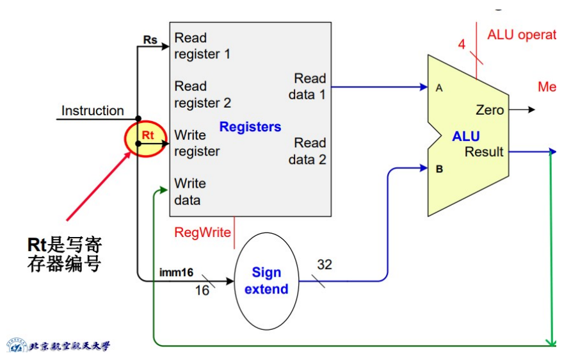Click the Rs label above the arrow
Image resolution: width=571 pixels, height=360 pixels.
[x=150, y=40]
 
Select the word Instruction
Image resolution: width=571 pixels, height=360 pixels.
[x=92, y=111]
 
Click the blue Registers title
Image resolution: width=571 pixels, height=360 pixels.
[x=250, y=127]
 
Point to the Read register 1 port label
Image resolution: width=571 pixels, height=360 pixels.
[x=202, y=46]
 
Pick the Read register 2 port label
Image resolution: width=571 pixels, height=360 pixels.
[x=202, y=94]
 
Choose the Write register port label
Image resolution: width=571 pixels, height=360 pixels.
[x=197, y=143]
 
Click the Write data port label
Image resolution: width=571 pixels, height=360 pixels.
[x=190, y=192]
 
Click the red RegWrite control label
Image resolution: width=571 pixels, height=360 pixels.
[x=202, y=233]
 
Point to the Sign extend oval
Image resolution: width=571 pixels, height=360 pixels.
[x=266, y=281]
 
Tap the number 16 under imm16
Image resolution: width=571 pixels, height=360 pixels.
[x=202, y=290]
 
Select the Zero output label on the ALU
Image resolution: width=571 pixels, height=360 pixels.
[x=490, y=110]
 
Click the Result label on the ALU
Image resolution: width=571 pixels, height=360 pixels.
[x=484, y=152]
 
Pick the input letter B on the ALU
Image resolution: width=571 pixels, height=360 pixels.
[x=440, y=169]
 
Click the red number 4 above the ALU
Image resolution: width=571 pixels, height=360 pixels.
[x=462, y=44]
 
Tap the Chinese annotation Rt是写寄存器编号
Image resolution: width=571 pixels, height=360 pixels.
[x=65, y=254]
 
